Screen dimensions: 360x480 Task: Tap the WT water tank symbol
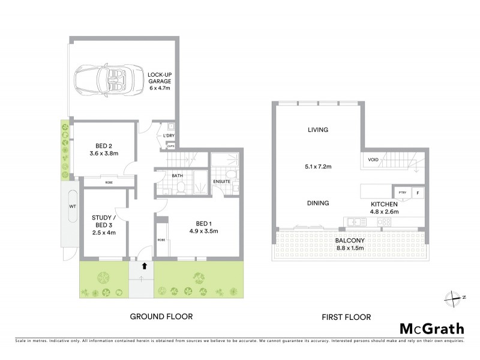73,206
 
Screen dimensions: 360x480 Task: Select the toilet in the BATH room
179,188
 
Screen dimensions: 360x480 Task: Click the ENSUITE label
222,182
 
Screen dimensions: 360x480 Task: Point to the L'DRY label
169,136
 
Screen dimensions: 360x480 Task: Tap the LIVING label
318,130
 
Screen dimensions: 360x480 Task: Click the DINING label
317,203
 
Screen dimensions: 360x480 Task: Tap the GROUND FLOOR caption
161,316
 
